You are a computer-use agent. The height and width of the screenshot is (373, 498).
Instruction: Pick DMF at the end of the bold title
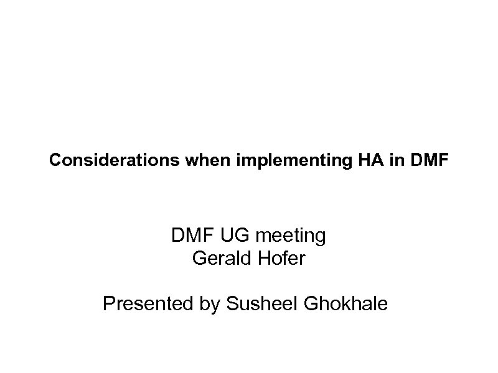pos(430,161)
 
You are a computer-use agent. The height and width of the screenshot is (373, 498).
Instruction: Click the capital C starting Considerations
pos(55,161)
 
